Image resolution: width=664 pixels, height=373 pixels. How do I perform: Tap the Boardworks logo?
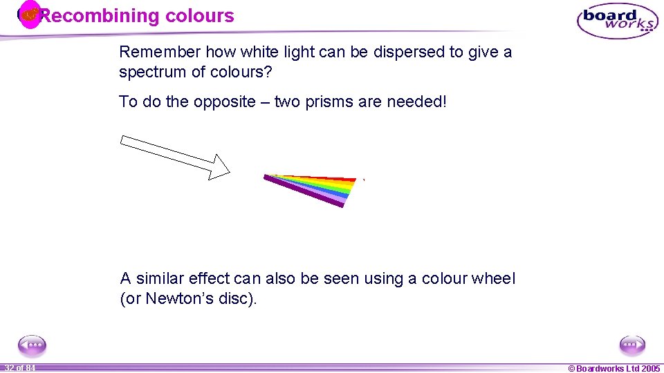(x=617, y=21)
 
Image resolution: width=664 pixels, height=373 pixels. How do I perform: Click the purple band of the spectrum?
(x=304, y=191)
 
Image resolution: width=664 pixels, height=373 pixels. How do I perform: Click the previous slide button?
(x=32, y=345)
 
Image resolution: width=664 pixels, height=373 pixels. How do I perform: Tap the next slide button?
(x=631, y=345)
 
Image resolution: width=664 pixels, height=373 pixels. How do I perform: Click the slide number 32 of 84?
(x=19, y=368)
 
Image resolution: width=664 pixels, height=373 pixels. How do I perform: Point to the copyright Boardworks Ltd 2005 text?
(x=614, y=368)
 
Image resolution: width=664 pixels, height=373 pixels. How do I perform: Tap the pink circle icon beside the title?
(x=29, y=15)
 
